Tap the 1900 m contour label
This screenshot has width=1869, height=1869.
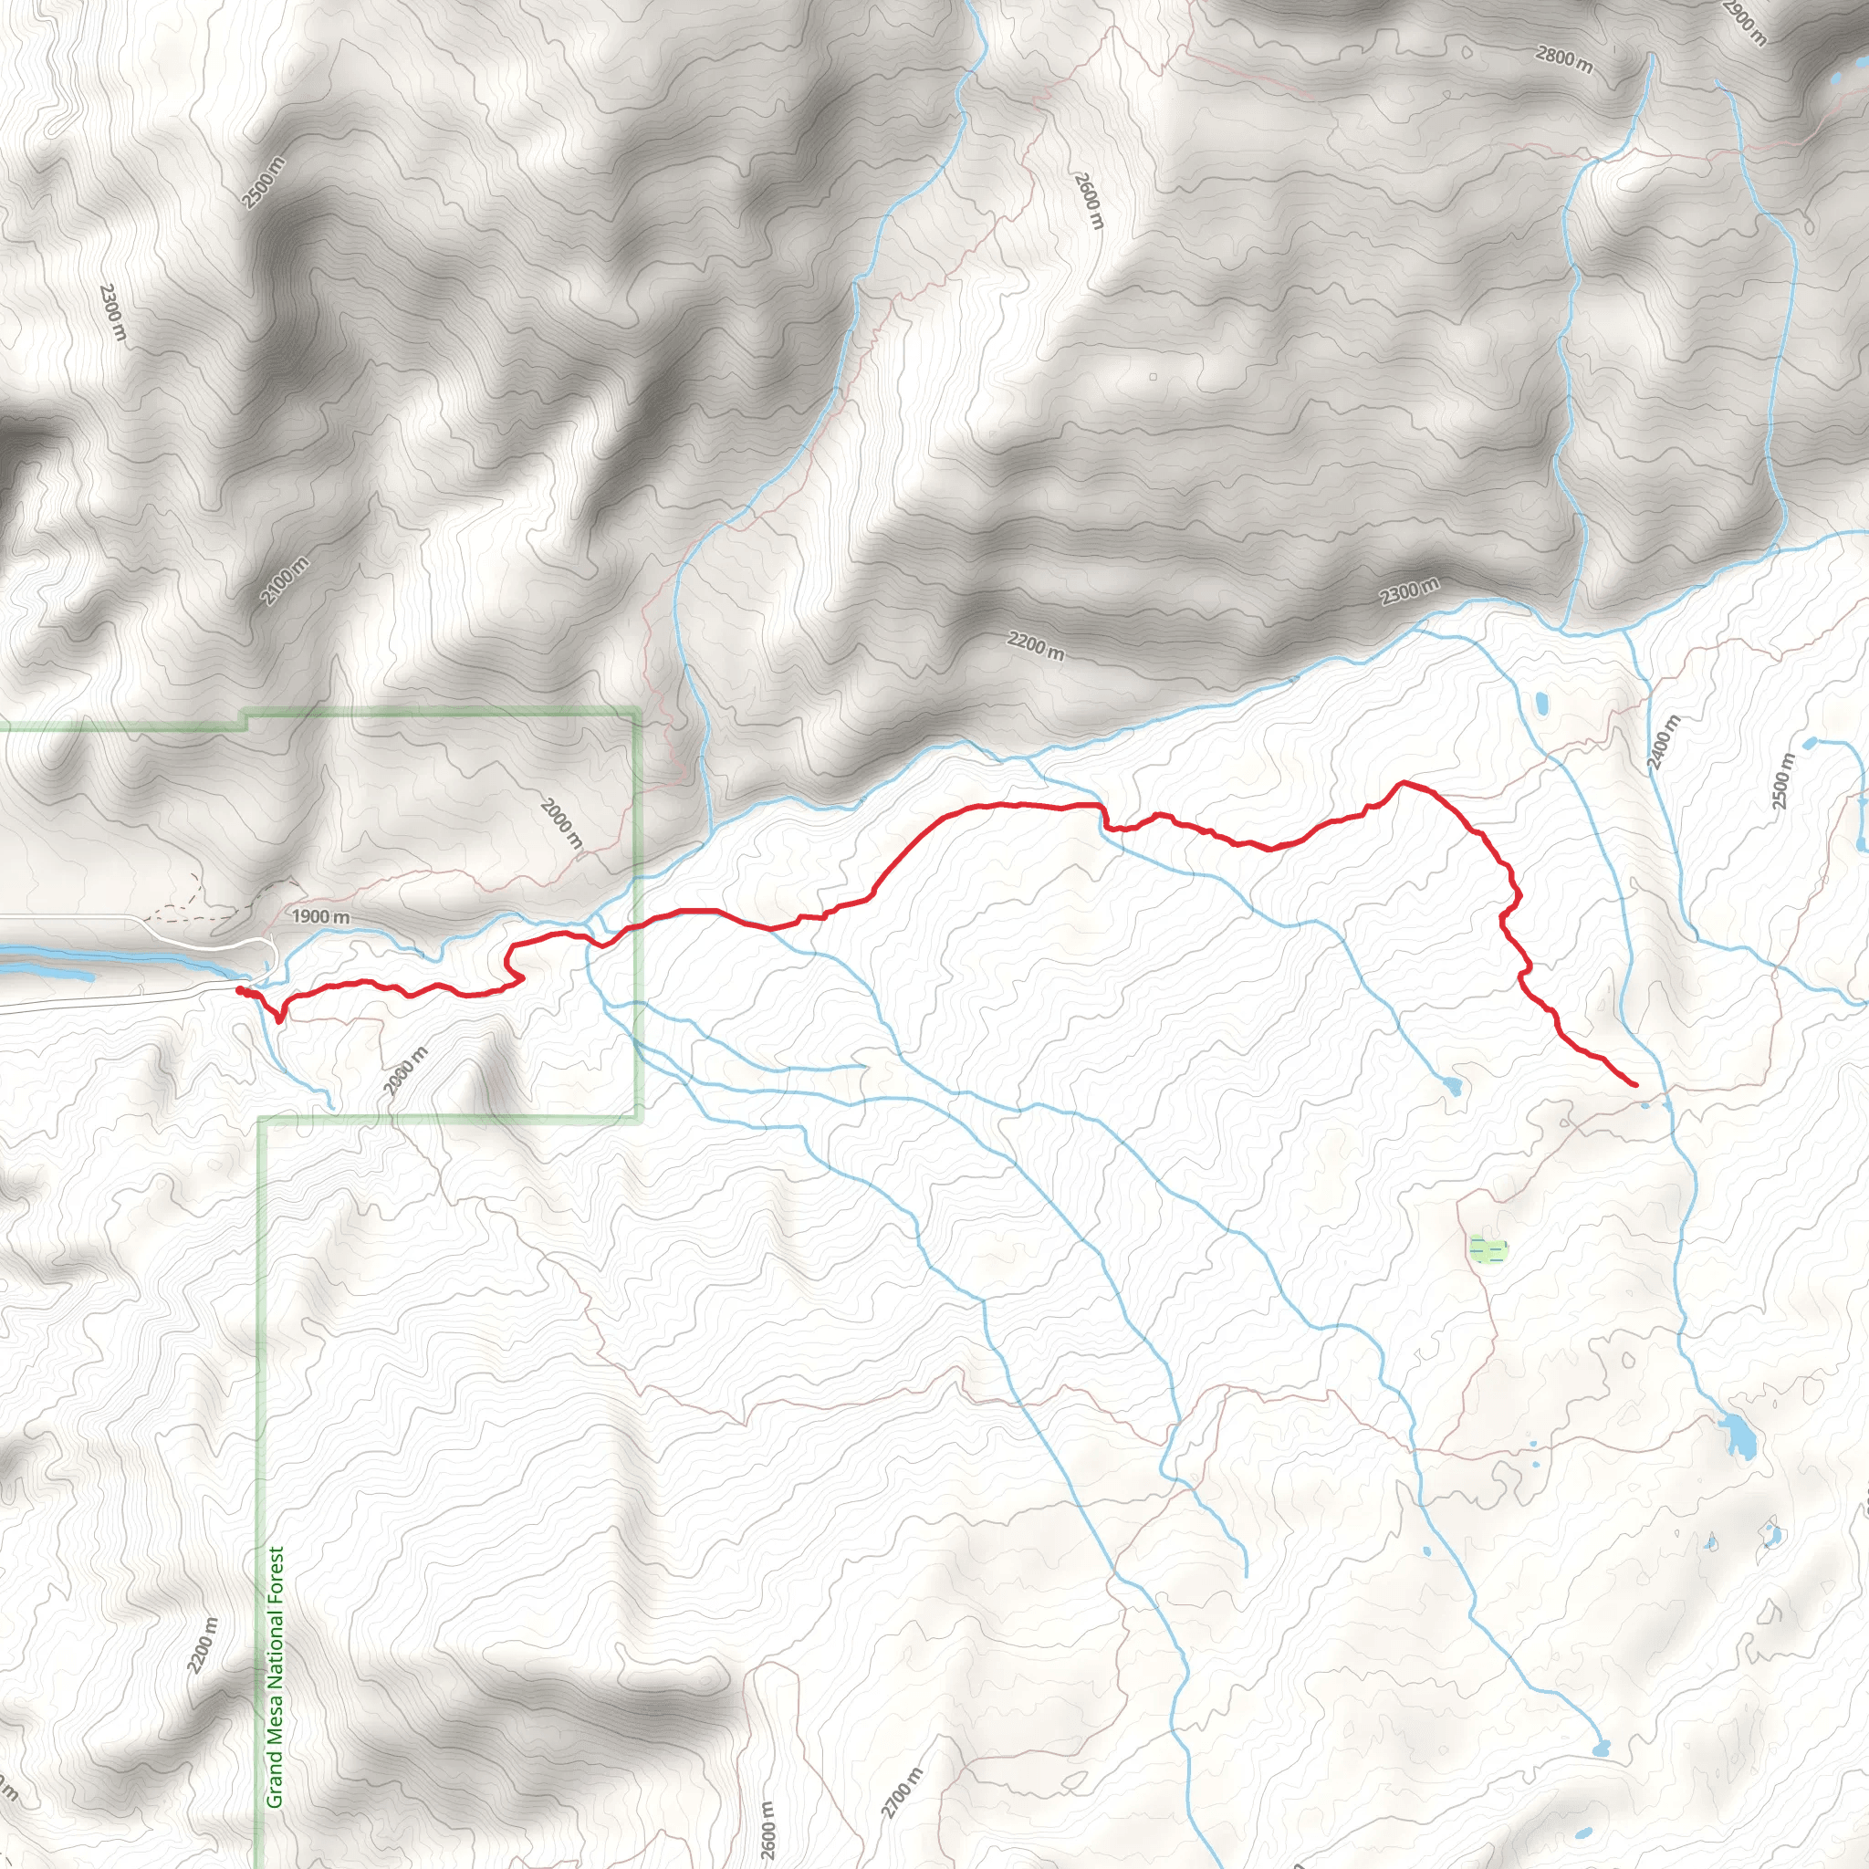pos(320,916)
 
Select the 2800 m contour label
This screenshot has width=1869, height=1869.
pos(1564,60)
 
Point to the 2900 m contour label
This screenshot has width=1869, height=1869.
pos(1745,21)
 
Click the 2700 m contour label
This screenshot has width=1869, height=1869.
pos(902,1792)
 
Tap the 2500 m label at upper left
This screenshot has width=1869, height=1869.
pos(264,182)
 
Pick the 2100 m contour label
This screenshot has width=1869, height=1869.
pos(285,580)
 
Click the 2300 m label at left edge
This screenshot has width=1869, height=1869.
pos(113,311)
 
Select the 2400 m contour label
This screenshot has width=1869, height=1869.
pos(1665,743)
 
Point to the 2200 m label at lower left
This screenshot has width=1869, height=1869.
pos(204,1645)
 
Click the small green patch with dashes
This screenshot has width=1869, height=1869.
pos(1488,1251)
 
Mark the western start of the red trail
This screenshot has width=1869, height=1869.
pos(239,989)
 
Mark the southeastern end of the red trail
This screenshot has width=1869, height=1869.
pos(1634,1085)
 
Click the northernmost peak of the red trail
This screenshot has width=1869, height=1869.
pos(1403,783)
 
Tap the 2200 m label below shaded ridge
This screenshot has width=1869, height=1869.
pos(1035,645)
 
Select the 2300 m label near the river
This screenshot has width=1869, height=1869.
pos(1408,590)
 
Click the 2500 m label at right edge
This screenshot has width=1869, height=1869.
pos(1783,779)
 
